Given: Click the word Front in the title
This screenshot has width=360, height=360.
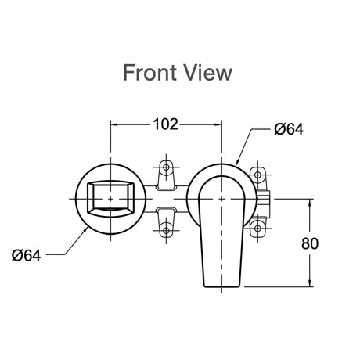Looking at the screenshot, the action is (x=151, y=73).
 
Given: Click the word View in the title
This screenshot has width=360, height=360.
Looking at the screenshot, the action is (x=209, y=73).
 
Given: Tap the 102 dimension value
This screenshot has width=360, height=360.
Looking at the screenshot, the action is (x=165, y=124).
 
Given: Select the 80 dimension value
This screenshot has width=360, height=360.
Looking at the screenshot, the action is (x=310, y=243).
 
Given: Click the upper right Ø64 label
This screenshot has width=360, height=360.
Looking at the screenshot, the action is (x=289, y=129).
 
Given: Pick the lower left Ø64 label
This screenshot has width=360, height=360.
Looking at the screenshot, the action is (x=27, y=255).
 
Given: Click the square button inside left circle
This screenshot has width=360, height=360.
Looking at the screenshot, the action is (x=110, y=199).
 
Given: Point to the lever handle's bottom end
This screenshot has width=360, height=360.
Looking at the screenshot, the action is (x=221, y=286).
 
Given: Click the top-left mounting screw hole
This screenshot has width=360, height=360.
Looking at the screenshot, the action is (x=166, y=167).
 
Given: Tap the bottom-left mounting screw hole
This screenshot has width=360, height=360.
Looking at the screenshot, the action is (x=166, y=231).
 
